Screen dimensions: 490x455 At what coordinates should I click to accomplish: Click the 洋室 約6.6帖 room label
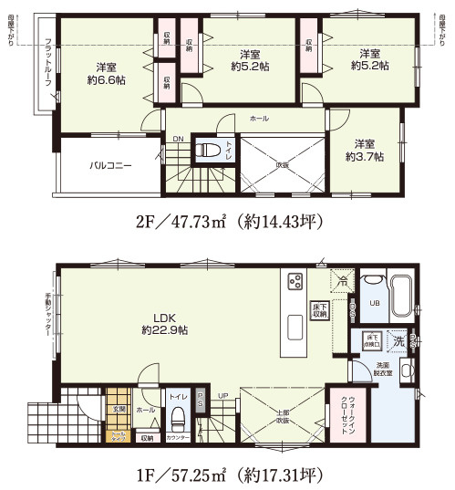pyautogui.click(x=105, y=73)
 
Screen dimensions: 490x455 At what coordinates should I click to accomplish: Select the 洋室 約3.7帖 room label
pyautogui.click(x=365, y=151)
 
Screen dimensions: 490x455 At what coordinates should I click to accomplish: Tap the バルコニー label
pyautogui.click(x=110, y=166)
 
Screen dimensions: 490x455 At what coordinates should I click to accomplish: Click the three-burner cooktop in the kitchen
pyautogui.click(x=295, y=282)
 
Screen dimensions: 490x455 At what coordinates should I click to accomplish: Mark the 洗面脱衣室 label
pyautogui.click(x=379, y=370)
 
